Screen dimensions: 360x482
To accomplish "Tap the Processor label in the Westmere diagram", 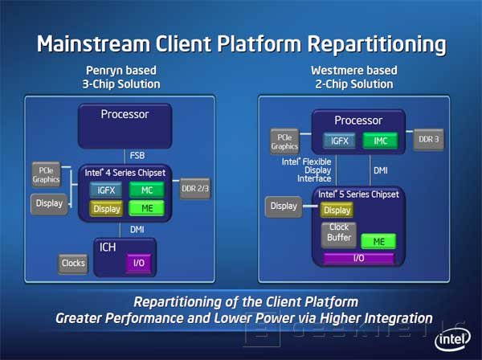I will [x=357, y=120].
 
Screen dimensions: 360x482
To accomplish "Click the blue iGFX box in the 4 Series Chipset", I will [x=106, y=190].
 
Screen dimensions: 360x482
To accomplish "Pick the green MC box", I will [x=146, y=190].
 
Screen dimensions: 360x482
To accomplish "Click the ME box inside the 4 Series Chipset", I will [x=146, y=209].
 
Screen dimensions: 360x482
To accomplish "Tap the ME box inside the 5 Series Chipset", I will [x=378, y=241].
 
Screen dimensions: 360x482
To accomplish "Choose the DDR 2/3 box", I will [x=195, y=189].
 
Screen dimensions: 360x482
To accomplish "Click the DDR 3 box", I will [x=427, y=140].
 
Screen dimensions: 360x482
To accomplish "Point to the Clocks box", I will [x=73, y=264].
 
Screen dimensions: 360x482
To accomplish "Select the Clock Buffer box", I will [x=338, y=234].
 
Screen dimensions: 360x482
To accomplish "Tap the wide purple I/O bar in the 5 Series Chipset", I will [x=359, y=259].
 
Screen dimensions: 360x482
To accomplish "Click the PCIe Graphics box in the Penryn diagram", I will [x=44, y=174].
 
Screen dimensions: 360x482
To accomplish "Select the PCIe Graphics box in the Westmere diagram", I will [x=284, y=141].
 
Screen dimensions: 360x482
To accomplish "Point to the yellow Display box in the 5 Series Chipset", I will [x=337, y=211].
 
